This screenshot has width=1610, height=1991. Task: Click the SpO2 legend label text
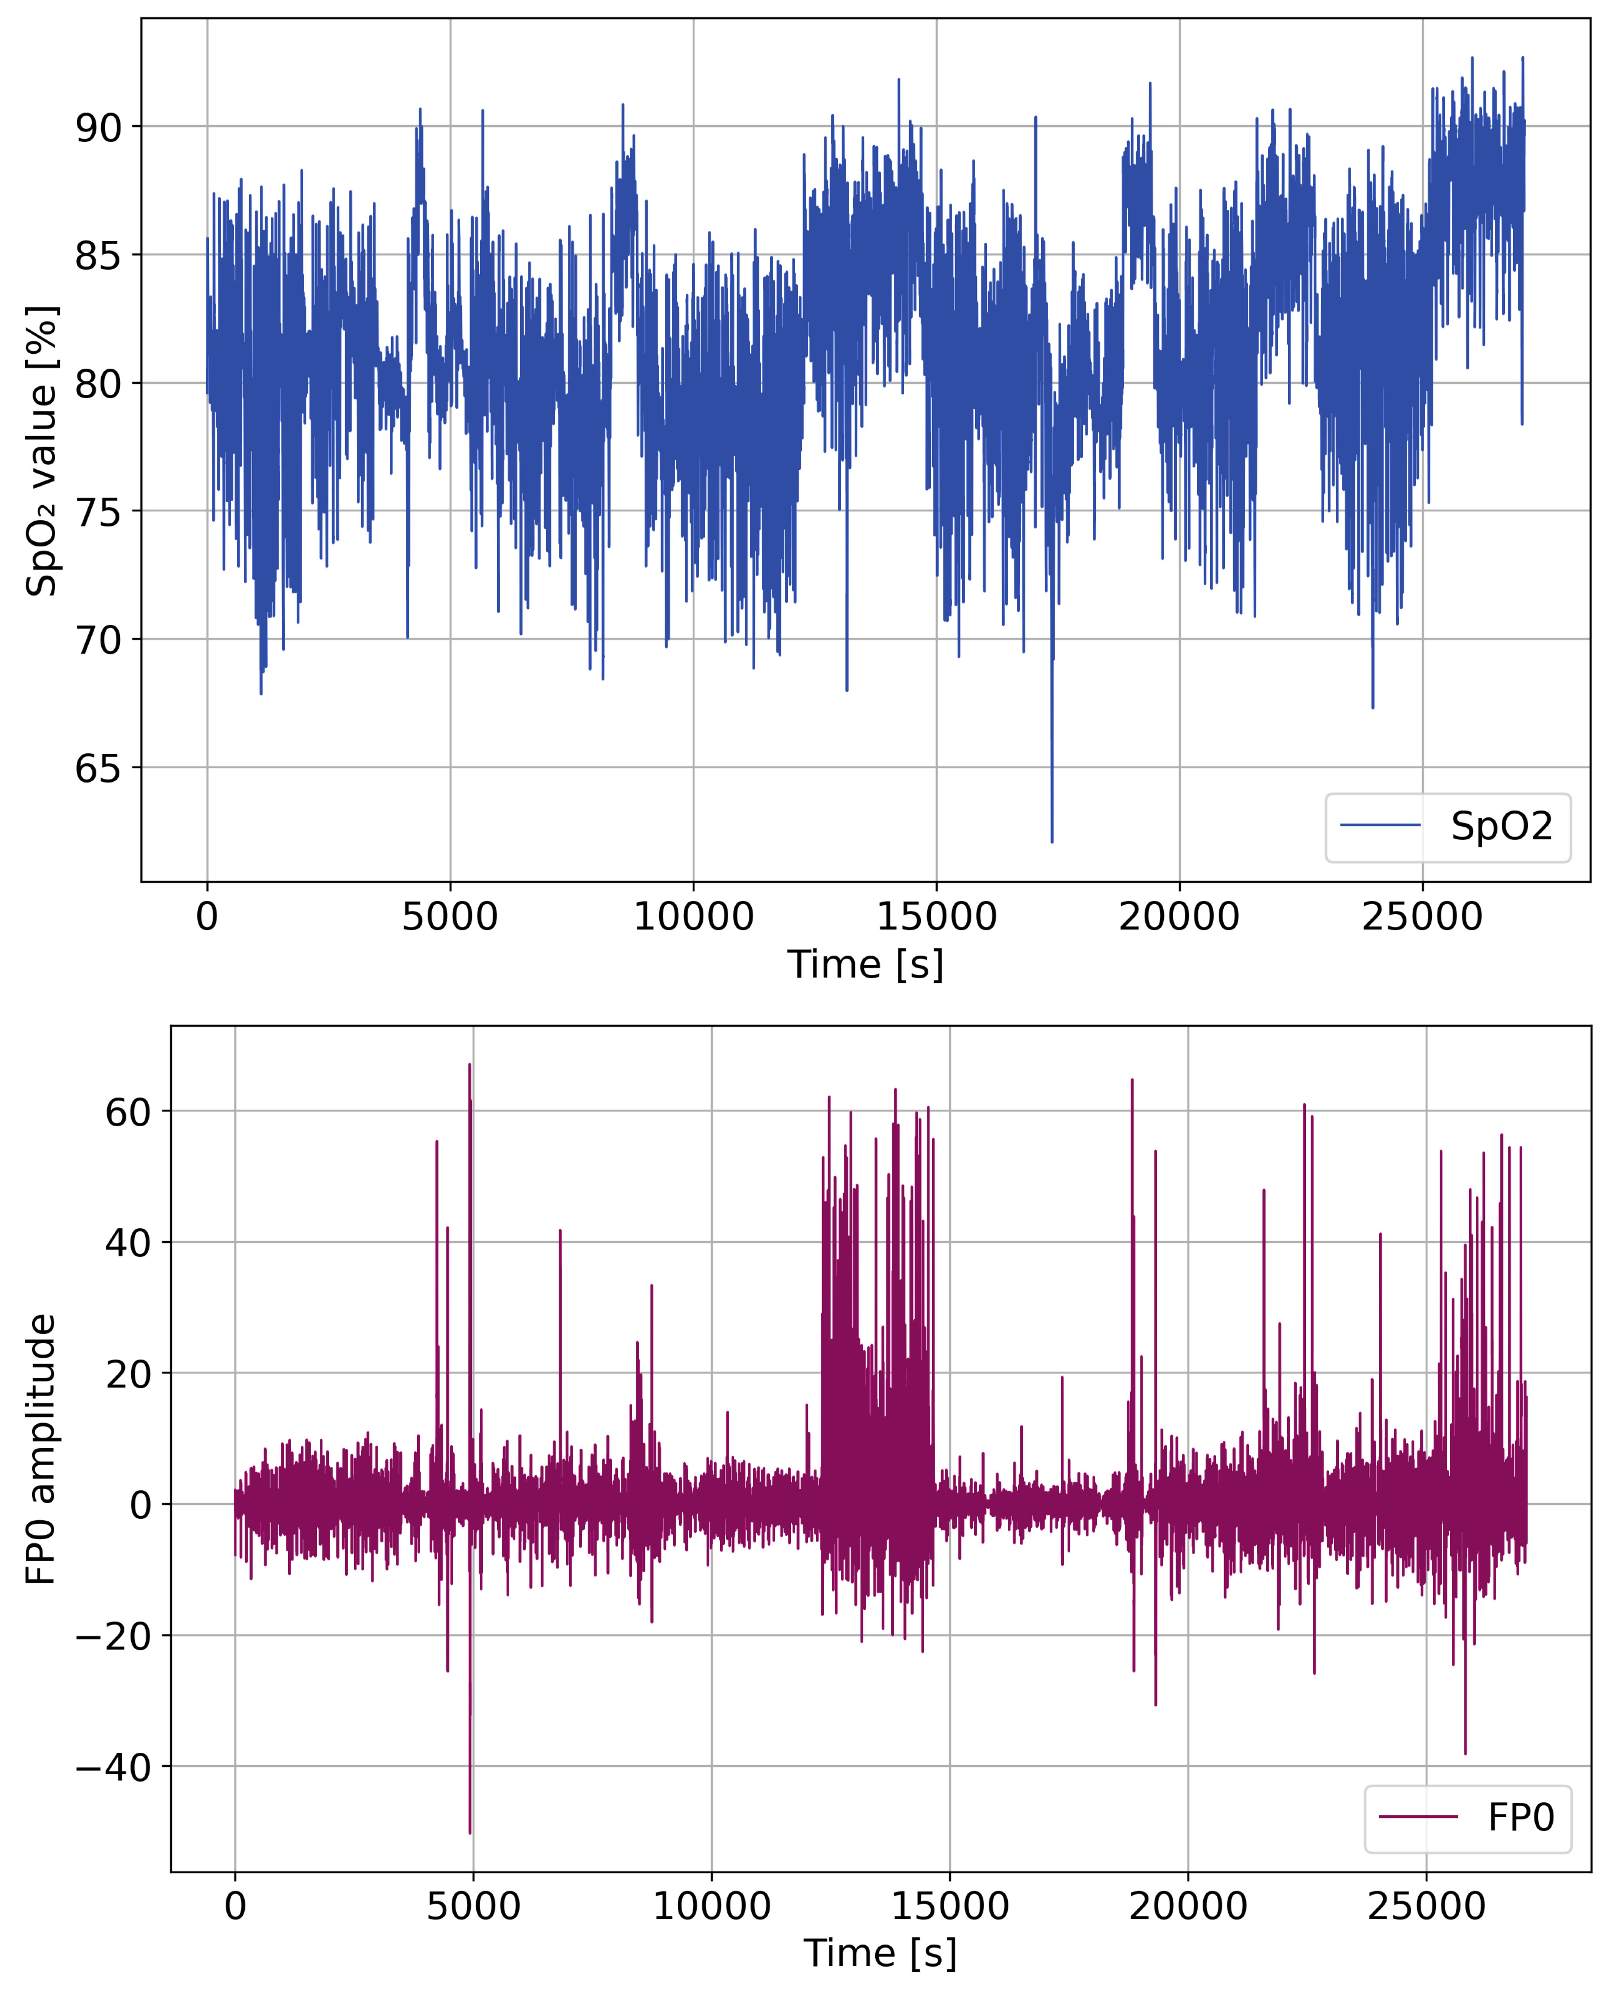(1500, 826)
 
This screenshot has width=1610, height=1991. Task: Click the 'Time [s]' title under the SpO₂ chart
(865, 965)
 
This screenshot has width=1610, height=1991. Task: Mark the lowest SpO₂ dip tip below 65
(1052, 841)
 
